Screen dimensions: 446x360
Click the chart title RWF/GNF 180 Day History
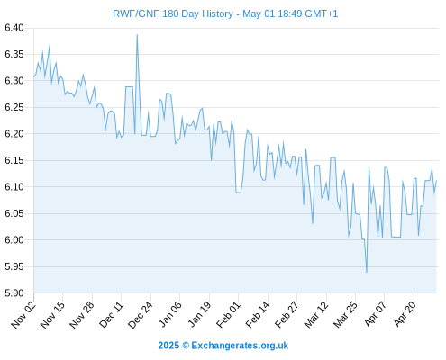pos(173,13)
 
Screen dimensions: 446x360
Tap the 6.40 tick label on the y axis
pos(14,28)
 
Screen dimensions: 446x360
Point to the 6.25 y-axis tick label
pos(14,107)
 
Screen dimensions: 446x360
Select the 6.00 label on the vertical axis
pos(14,240)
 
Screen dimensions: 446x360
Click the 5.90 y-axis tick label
pos(14,293)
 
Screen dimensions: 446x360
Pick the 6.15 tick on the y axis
pos(14,160)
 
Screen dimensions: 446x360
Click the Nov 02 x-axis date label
pos(23,315)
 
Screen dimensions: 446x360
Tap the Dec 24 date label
pos(141,315)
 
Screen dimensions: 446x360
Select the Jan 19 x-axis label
pos(199,315)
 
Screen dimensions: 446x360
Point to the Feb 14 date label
pos(258,315)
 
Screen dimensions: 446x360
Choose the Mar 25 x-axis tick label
pos(345,315)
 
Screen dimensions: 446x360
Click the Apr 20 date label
pos(405,314)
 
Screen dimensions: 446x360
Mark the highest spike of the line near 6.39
pos(137,35)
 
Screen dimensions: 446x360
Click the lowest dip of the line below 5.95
pos(367,272)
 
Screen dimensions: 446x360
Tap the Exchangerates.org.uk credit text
pos(240,346)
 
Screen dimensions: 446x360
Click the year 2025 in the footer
pos(168,346)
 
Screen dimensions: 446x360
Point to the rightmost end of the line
pos(436,181)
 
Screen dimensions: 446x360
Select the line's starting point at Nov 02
pos(33,77)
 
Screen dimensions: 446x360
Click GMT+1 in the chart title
pos(321,13)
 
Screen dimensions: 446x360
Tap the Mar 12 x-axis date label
pos(316,315)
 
